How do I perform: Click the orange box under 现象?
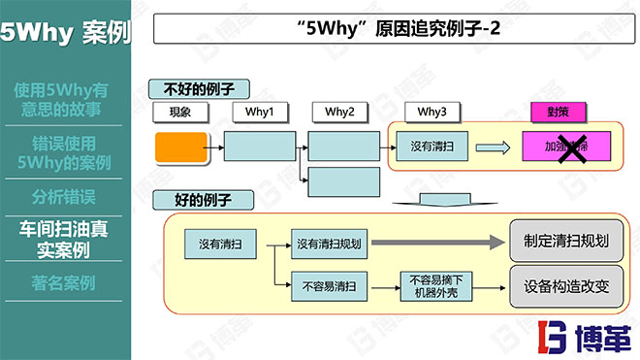point(180,147)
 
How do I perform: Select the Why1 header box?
point(260,113)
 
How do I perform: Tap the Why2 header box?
point(339,113)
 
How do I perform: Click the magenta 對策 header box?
point(556,113)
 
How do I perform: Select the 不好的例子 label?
point(199,89)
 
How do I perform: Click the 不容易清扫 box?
point(329,286)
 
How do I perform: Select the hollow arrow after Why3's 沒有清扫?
point(494,147)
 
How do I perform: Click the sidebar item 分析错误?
point(63,197)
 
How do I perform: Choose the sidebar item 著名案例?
point(63,284)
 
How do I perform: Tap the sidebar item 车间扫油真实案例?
point(63,240)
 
